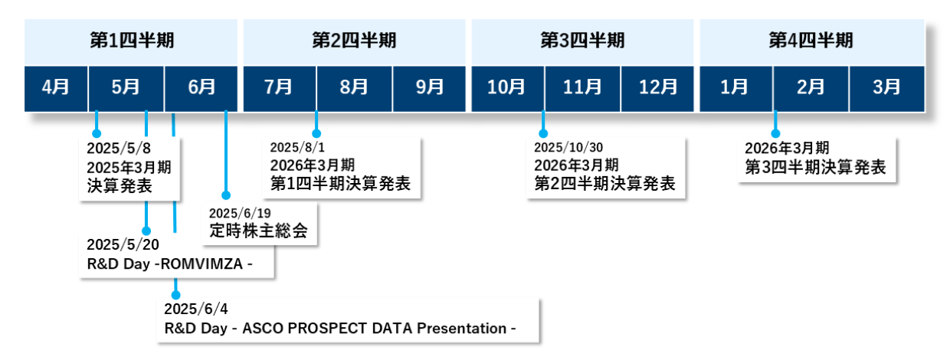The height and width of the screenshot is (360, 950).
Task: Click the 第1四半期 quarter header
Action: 131,41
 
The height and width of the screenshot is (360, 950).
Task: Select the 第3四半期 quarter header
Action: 582,41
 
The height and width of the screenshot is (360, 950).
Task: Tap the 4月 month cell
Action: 56,88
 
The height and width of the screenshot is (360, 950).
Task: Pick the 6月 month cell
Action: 201,88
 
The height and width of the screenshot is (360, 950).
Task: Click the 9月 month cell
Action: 429,88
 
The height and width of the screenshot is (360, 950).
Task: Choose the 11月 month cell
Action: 582,88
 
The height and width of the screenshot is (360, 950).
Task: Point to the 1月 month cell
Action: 735,88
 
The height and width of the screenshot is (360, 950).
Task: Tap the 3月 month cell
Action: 887,88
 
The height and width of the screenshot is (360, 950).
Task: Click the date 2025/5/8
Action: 119,149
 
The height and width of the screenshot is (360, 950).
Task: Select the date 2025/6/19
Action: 240,213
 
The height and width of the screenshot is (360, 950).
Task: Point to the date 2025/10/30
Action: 568,148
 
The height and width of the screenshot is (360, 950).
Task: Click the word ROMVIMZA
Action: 201,264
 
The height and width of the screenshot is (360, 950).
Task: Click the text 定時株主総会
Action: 258,231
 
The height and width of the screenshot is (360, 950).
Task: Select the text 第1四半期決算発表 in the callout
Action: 341,184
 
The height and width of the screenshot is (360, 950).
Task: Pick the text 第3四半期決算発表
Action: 816,168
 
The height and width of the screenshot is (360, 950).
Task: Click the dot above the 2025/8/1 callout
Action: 316,133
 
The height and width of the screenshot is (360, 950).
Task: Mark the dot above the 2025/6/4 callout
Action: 175,295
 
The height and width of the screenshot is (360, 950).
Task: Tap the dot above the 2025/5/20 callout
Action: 146,231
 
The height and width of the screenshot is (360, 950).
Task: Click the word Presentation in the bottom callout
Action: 461,329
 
